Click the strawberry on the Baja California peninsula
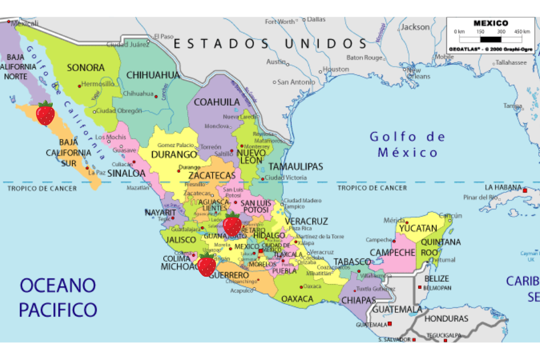tap(45, 113)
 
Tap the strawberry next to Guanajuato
tap(232, 224)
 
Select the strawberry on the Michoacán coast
tap(206, 265)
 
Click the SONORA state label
tap(86, 68)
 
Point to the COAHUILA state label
tap(217, 102)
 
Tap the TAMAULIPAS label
tap(295, 167)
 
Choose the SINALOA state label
tap(126, 173)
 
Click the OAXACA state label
tap(298, 299)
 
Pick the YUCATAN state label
tap(418, 229)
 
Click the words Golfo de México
tap(407, 144)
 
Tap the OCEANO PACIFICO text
tap(58, 297)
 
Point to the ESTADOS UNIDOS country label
tap(270, 44)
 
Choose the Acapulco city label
tap(241, 291)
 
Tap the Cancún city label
tap(450, 215)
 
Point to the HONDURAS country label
tap(447, 319)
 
